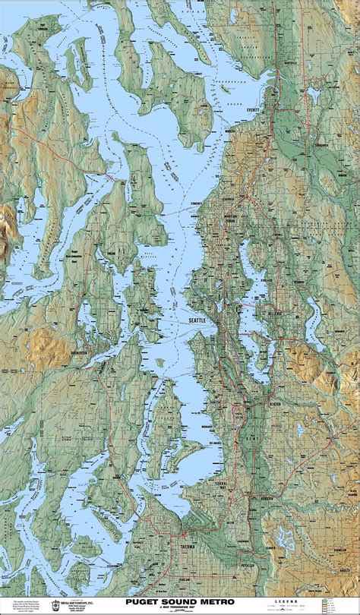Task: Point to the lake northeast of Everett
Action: coord(313,95)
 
